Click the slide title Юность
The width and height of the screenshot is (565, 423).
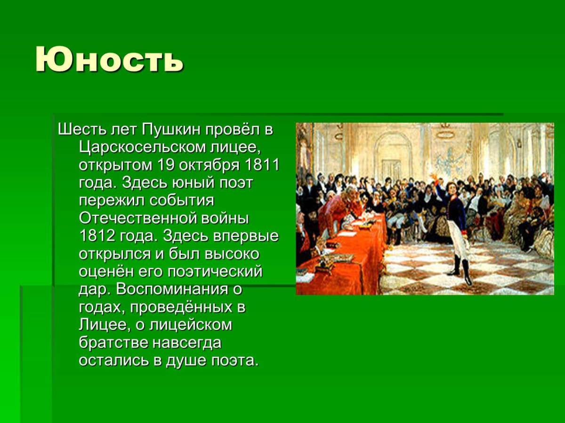109,60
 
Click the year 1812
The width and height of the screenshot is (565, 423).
96,236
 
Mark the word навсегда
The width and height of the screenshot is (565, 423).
187,344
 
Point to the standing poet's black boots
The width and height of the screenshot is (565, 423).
461,273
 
